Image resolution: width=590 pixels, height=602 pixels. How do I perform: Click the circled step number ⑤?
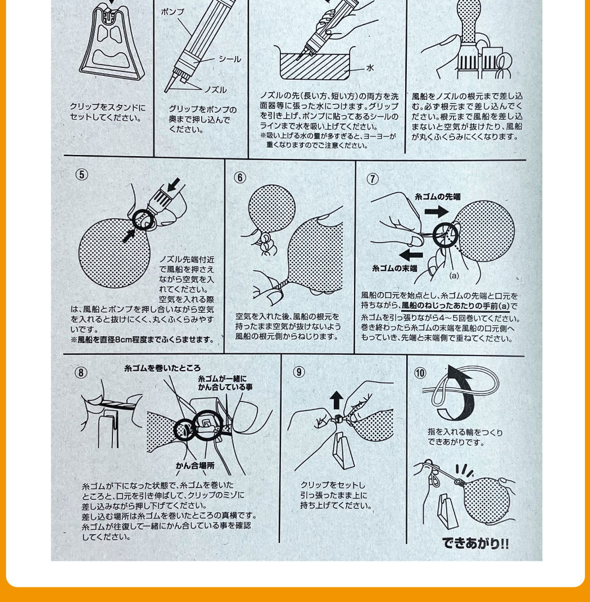82,175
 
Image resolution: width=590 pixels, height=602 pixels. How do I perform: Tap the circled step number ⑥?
240,177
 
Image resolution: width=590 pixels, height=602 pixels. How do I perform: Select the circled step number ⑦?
373,179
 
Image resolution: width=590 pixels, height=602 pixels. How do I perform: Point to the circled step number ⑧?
81,373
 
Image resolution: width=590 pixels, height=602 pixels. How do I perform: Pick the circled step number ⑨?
299,372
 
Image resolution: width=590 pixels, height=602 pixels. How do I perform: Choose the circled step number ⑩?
420,373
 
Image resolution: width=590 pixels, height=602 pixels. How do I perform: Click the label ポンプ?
173,12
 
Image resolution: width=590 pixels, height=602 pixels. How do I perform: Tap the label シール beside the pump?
230,59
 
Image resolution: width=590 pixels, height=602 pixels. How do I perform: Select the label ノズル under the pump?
215,90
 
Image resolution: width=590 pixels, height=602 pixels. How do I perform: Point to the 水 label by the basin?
370,68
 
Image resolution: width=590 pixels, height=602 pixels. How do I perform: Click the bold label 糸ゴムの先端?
437,197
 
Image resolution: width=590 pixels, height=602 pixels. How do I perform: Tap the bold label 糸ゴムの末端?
394,268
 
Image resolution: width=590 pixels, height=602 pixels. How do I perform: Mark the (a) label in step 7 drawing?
453,275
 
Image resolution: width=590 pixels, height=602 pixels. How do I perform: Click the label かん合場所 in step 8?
195,466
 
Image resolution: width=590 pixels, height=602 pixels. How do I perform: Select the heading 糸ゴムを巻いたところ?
162,368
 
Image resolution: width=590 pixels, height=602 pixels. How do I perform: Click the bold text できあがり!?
475,543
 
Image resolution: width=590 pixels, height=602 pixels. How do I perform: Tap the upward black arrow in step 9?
337,400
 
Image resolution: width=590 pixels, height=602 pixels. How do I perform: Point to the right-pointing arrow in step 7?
437,211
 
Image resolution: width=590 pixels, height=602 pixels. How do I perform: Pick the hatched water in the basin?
315,66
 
